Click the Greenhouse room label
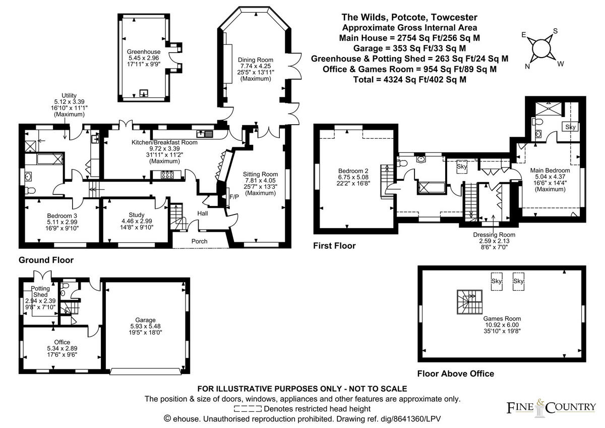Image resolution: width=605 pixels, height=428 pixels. tap(144, 51)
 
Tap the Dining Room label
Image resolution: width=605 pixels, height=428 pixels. tap(255, 60)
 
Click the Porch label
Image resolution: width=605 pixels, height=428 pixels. tap(199, 241)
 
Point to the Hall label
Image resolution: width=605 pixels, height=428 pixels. tap(202, 214)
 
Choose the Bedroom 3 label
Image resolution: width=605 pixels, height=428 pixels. tap(62, 215)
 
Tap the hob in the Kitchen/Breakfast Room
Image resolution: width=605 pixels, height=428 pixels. tap(167, 175)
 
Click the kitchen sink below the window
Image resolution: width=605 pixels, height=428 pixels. tap(206, 134)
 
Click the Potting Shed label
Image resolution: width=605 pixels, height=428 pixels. tap(40, 291)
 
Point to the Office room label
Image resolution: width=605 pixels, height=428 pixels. tap(63, 342)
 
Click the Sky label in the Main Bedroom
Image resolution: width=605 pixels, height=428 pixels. tap(570, 127)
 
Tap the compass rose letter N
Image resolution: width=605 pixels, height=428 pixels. tap(527, 66)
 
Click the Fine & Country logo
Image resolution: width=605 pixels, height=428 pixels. tap(551, 407)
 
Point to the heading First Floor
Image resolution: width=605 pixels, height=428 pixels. tap(334, 246)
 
